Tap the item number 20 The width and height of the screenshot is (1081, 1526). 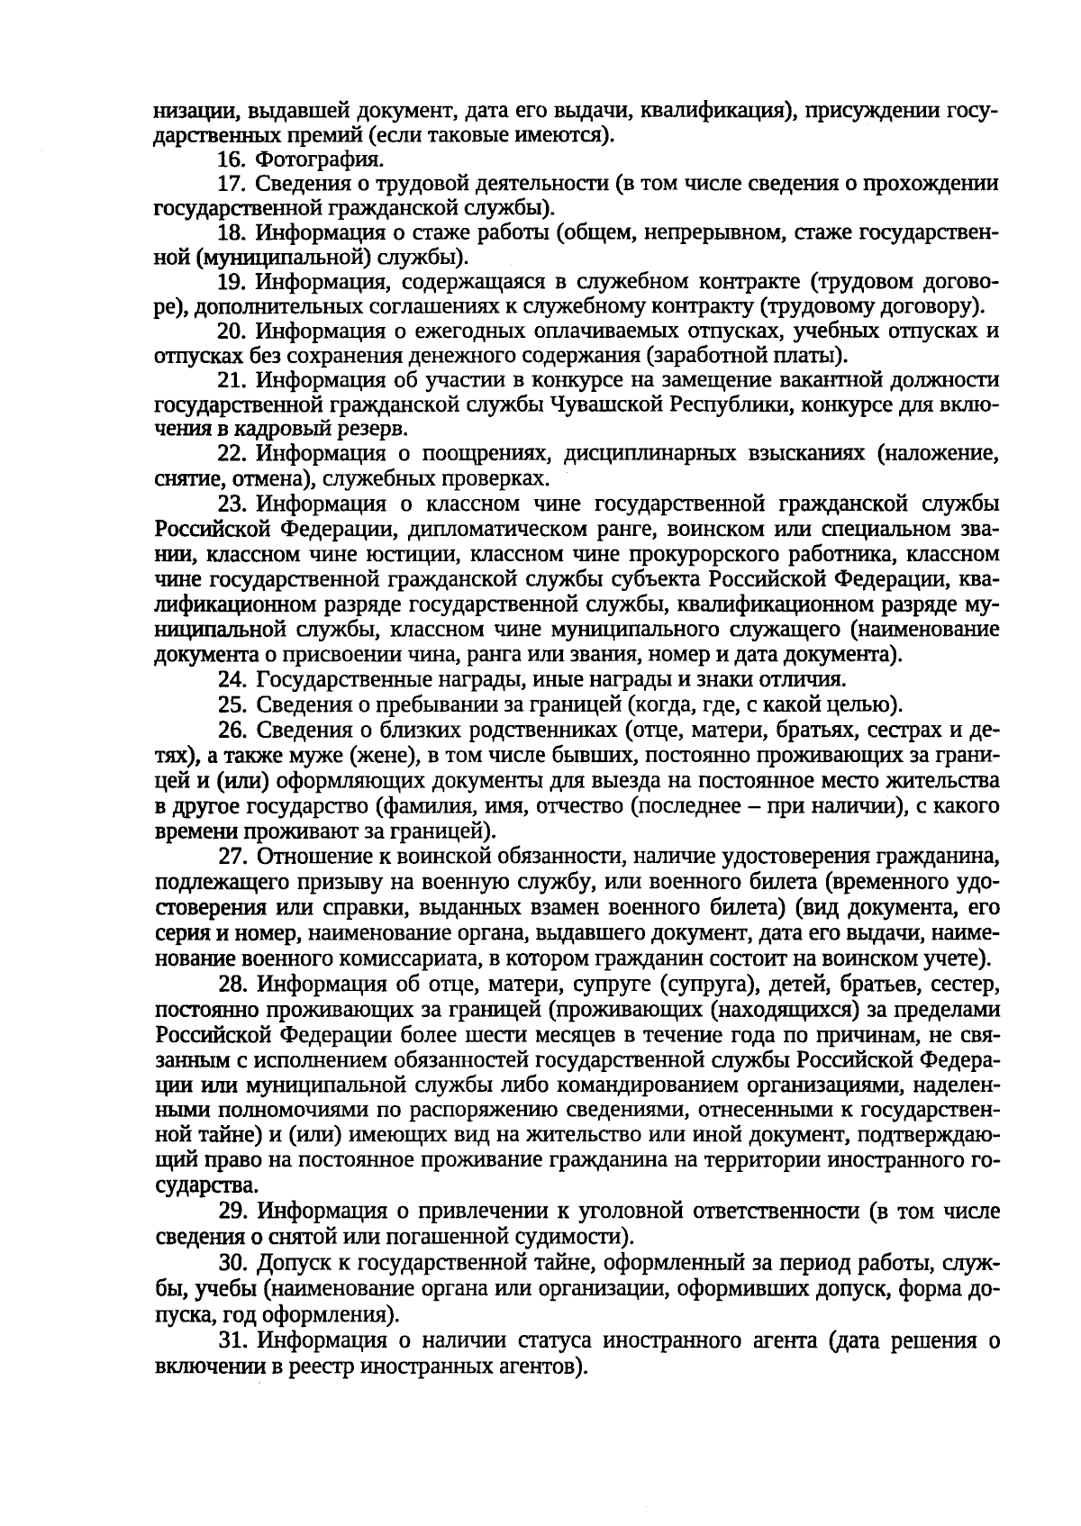click(232, 331)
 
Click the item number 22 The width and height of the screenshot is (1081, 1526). click(232, 453)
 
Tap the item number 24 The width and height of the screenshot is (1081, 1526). click(232, 679)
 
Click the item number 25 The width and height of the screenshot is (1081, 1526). click(232, 704)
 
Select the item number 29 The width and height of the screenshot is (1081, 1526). click(232, 1210)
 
